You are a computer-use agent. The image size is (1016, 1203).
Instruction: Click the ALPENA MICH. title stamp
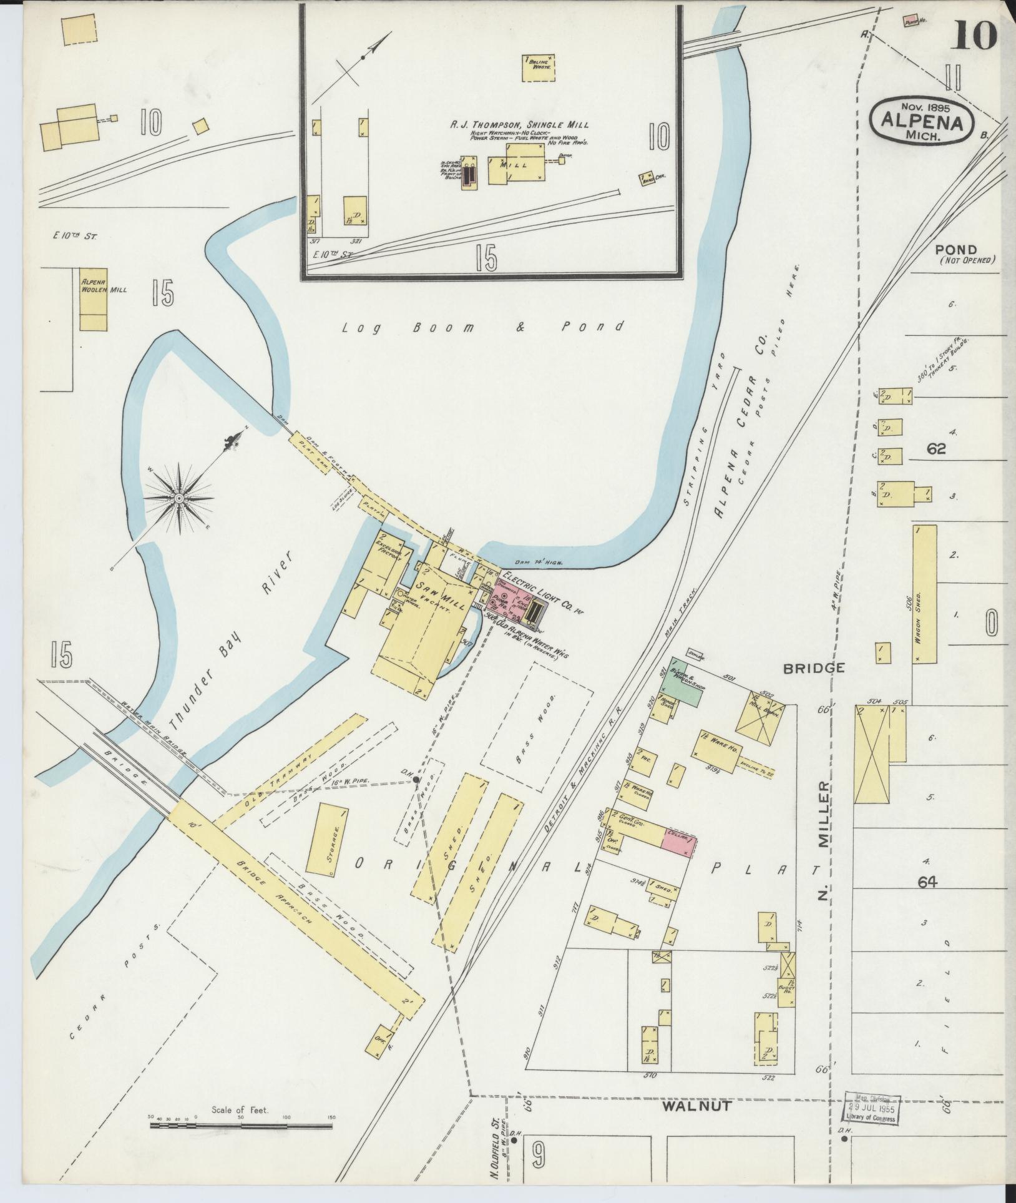[921, 121]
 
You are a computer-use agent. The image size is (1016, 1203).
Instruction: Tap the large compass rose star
[179, 498]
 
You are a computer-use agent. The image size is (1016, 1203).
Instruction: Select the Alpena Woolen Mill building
[93, 299]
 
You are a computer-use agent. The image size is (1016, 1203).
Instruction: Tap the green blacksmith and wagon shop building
[683, 682]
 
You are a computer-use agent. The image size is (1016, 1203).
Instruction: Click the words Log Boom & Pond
[483, 327]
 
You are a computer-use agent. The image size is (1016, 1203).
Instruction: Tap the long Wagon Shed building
[924, 594]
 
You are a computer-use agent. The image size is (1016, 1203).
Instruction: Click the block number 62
[937, 449]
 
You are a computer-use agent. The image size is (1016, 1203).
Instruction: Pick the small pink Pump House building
[912, 21]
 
